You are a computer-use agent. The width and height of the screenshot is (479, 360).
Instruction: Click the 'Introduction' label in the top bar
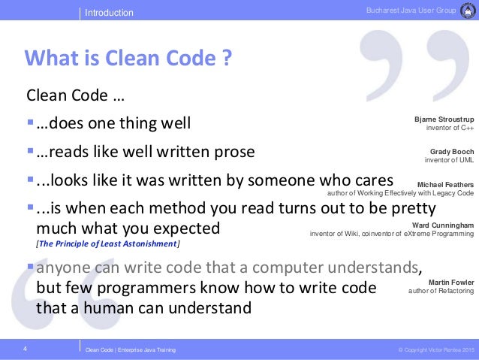tap(109, 13)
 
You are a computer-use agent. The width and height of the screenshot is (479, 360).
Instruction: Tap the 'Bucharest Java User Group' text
tap(411, 9)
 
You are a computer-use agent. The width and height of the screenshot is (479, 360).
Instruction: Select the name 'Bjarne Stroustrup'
tap(444, 119)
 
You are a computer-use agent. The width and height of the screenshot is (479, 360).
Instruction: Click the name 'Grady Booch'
tap(452, 152)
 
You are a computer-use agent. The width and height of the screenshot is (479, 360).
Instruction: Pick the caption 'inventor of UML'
tap(449, 160)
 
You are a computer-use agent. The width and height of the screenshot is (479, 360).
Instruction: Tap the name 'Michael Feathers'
tap(445, 184)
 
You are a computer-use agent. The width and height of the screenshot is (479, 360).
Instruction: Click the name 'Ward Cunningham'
tap(443, 225)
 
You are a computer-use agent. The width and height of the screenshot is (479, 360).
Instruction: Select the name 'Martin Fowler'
tap(450, 282)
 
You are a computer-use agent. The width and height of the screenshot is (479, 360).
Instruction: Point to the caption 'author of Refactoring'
tap(441, 291)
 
